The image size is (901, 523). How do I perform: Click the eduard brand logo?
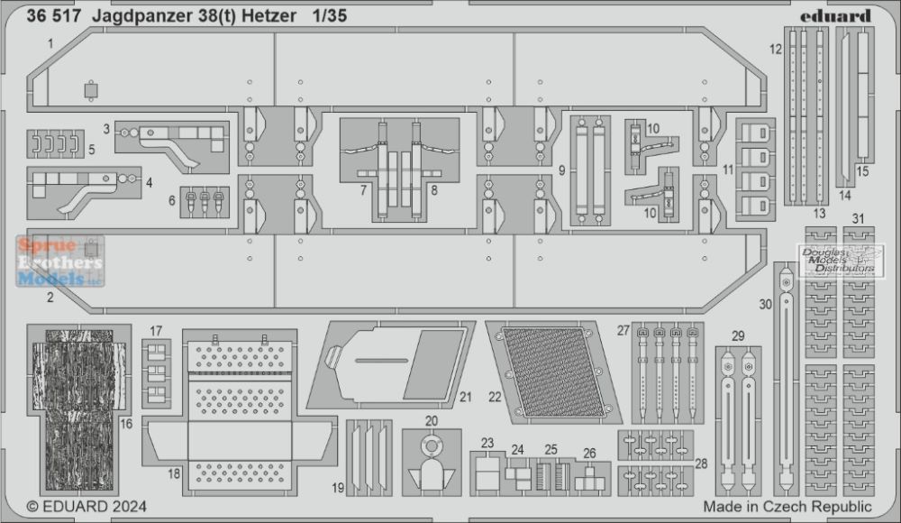point(835,16)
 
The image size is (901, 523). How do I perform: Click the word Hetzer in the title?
point(268,15)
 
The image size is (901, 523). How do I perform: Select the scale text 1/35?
point(330,15)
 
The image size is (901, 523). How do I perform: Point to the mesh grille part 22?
point(553,372)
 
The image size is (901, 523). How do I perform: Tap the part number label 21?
point(466,397)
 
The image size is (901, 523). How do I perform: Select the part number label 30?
point(765,305)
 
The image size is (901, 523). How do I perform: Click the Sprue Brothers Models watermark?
point(60,261)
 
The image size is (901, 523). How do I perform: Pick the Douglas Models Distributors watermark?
point(840,261)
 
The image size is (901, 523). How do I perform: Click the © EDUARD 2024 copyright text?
point(86,507)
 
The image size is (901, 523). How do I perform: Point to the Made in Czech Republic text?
point(787,507)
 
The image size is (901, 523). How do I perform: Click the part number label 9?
point(562,170)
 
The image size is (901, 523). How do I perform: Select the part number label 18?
point(174,473)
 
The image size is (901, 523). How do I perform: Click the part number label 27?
point(623,331)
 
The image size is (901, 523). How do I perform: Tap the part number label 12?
point(776,50)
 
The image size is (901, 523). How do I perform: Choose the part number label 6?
point(171,201)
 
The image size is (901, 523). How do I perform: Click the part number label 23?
point(487,443)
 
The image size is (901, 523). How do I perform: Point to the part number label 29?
point(739,336)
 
